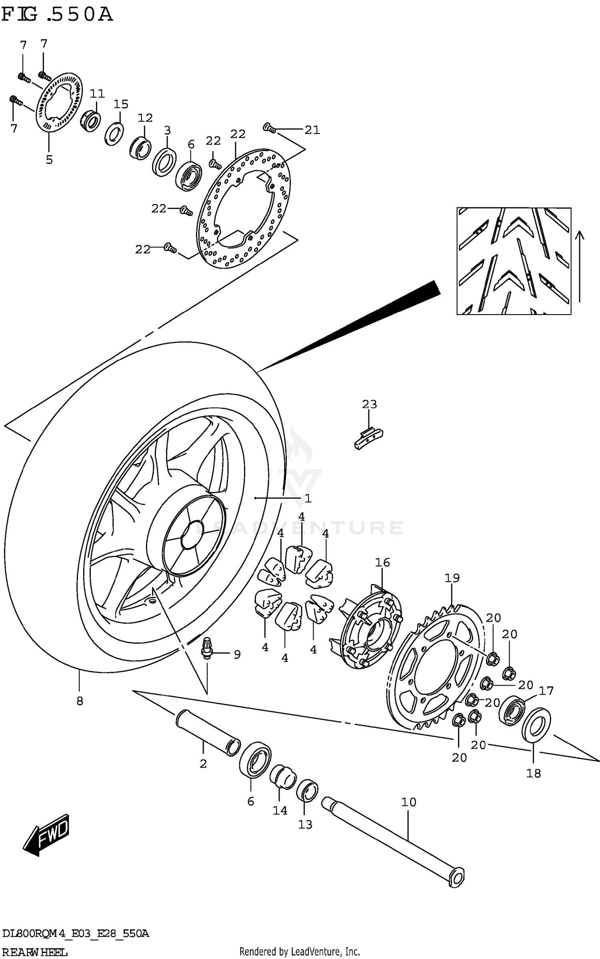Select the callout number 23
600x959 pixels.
point(369,404)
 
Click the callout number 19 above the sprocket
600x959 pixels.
point(452,578)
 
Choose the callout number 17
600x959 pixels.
point(546,690)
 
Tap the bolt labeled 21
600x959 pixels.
point(269,128)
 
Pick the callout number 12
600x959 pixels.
point(145,118)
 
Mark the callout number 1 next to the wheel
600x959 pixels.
point(308,498)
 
